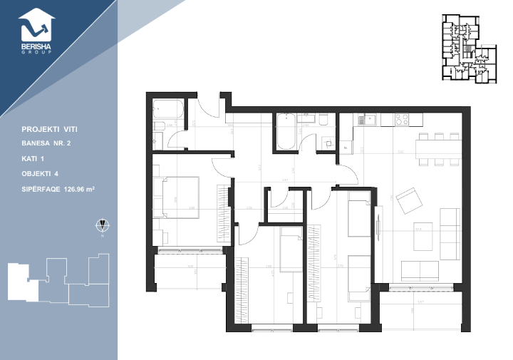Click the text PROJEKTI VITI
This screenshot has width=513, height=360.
(x=49, y=130)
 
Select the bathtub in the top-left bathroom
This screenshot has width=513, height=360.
(x=167, y=111)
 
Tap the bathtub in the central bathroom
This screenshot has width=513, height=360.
(x=286, y=131)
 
